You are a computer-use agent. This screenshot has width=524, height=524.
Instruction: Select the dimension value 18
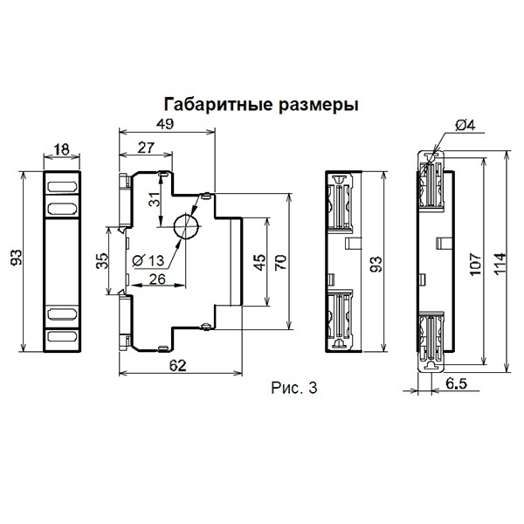[61, 150]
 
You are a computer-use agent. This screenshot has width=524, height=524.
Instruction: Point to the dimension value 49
[163, 123]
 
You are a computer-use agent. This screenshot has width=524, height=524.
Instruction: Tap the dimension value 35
[102, 261]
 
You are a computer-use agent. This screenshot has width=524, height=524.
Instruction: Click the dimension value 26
[158, 279]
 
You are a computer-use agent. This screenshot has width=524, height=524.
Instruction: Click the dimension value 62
[177, 367]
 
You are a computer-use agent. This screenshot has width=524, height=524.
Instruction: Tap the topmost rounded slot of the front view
[61, 187]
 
